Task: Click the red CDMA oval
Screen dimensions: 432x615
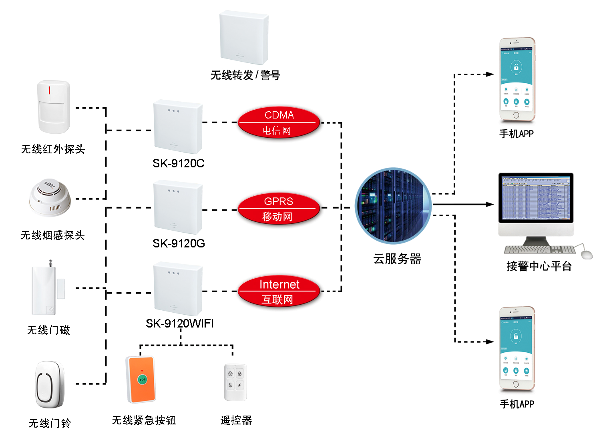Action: [x=279, y=122]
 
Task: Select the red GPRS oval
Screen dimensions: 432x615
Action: [x=279, y=209]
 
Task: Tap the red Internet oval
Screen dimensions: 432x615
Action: [x=279, y=291]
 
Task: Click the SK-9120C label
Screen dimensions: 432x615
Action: [x=178, y=163]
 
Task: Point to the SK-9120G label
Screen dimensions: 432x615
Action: [x=179, y=243]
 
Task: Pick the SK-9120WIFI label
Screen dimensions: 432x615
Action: [x=179, y=323]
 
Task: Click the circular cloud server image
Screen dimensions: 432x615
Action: [x=393, y=206]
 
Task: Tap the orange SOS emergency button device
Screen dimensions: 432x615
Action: [x=141, y=380]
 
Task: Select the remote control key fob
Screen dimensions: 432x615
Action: [x=235, y=382]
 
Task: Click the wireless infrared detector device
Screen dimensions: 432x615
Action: [x=54, y=107]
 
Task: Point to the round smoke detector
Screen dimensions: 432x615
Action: [x=50, y=197]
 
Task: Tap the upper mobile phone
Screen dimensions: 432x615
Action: [x=517, y=80]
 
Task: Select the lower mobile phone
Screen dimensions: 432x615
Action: [x=517, y=349]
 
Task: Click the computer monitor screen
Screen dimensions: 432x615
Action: [x=536, y=198]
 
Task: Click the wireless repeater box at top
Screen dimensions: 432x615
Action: [x=244, y=38]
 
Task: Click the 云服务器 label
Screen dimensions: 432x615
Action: [x=397, y=259]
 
